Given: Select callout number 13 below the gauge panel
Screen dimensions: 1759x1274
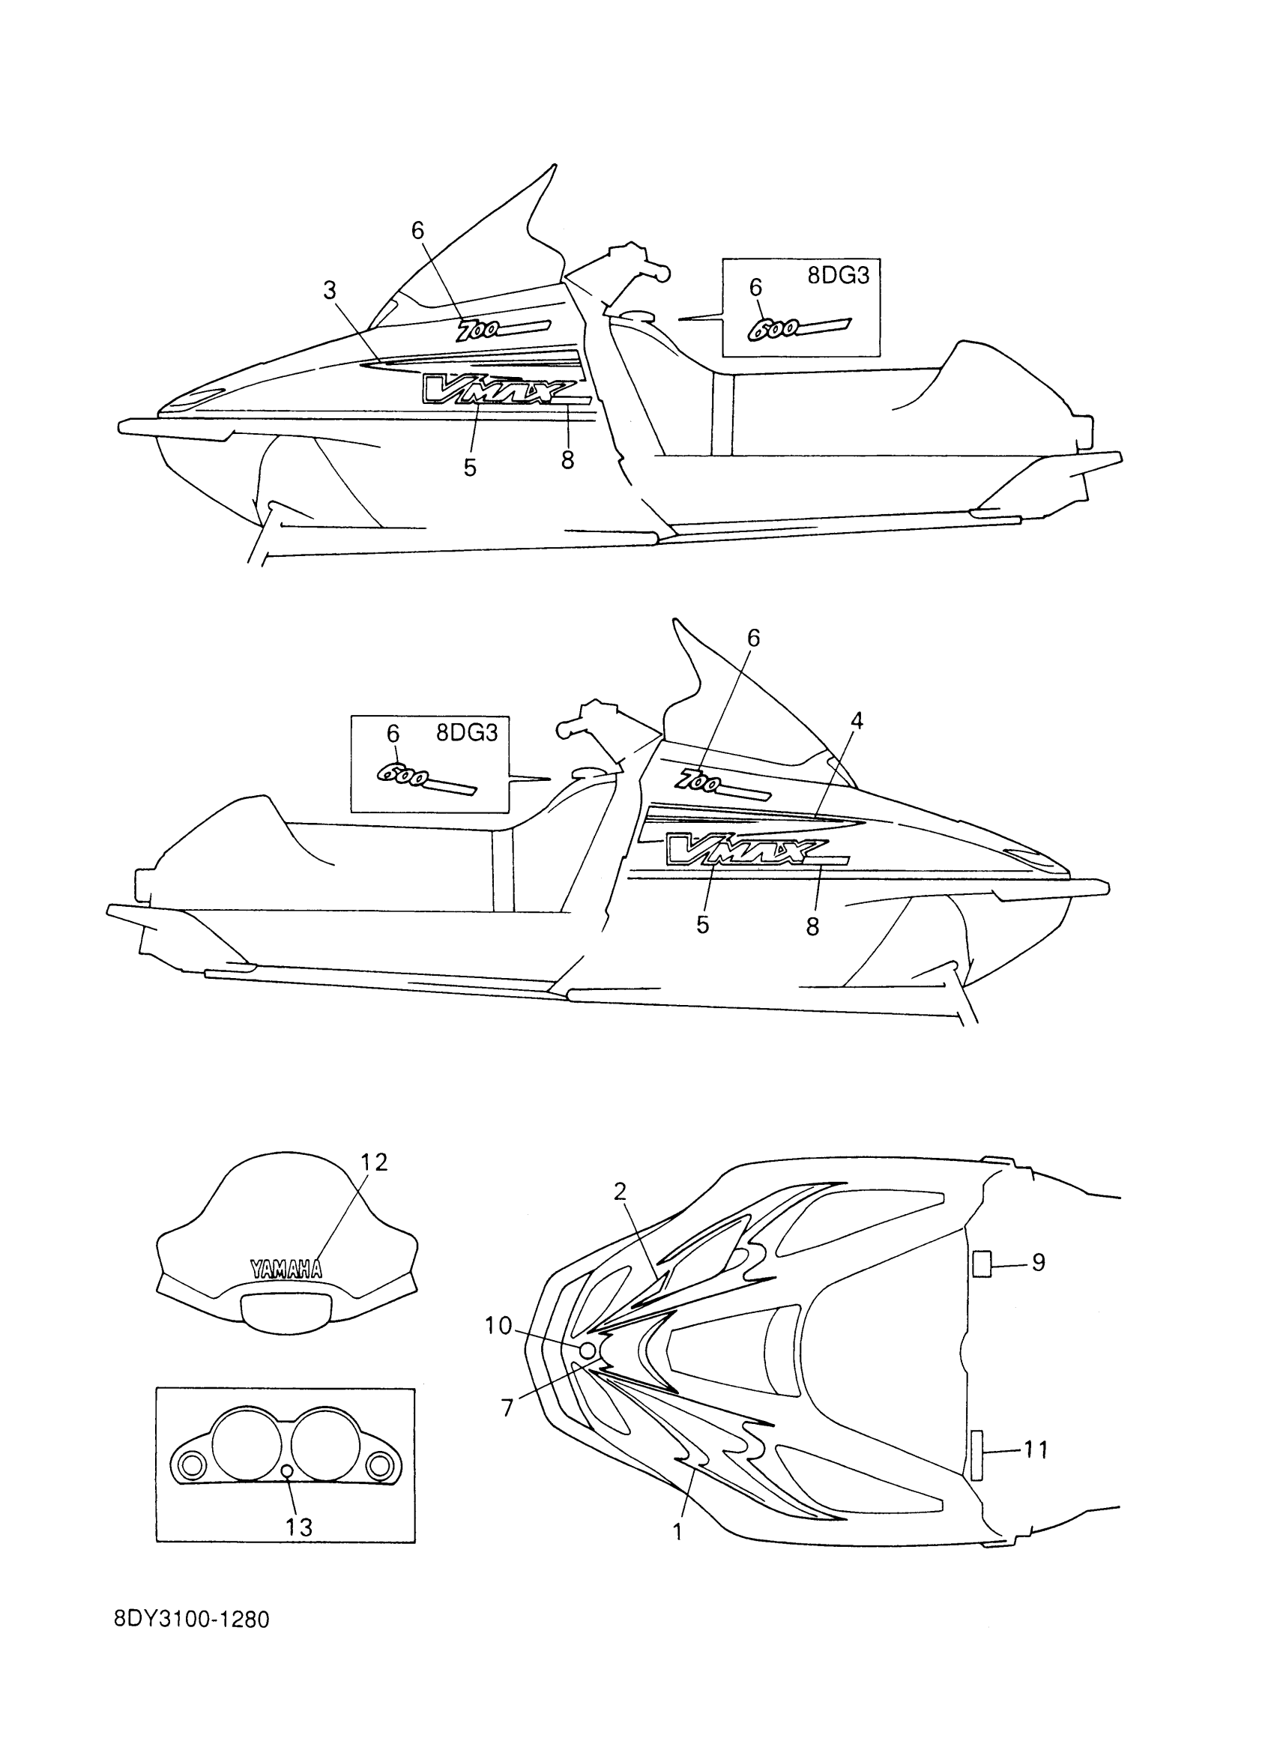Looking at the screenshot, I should click(298, 1527).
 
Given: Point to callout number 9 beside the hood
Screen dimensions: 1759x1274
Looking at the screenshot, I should click(1038, 1263).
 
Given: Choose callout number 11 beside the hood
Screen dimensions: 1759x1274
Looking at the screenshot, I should click(1035, 1449).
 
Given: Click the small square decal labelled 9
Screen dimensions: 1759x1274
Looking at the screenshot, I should click(982, 1264).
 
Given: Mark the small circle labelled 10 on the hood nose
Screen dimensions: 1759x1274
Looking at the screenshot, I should click(588, 1351).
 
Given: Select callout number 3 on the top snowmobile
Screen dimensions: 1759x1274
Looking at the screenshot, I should click(330, 291).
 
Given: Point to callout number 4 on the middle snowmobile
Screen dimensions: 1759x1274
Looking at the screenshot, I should click(856, 720).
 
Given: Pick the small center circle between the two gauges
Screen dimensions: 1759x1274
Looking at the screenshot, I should click(287, 1470).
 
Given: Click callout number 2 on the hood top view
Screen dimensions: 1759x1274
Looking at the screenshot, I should click(620, 1192).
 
